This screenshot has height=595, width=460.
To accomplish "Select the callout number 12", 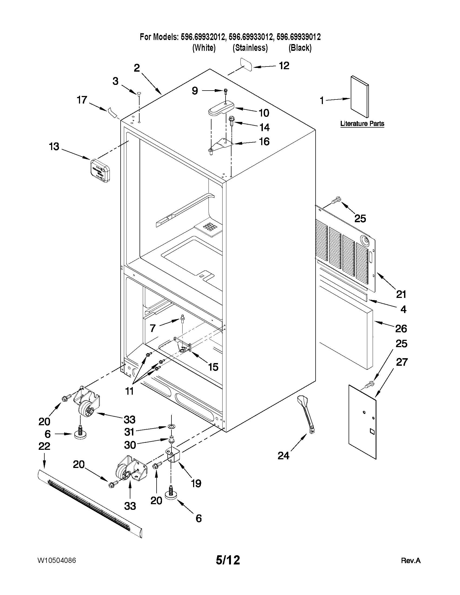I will coord(284,66).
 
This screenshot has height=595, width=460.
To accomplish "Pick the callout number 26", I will coord(401,328).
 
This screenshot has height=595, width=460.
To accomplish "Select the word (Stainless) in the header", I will coord(250,48).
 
